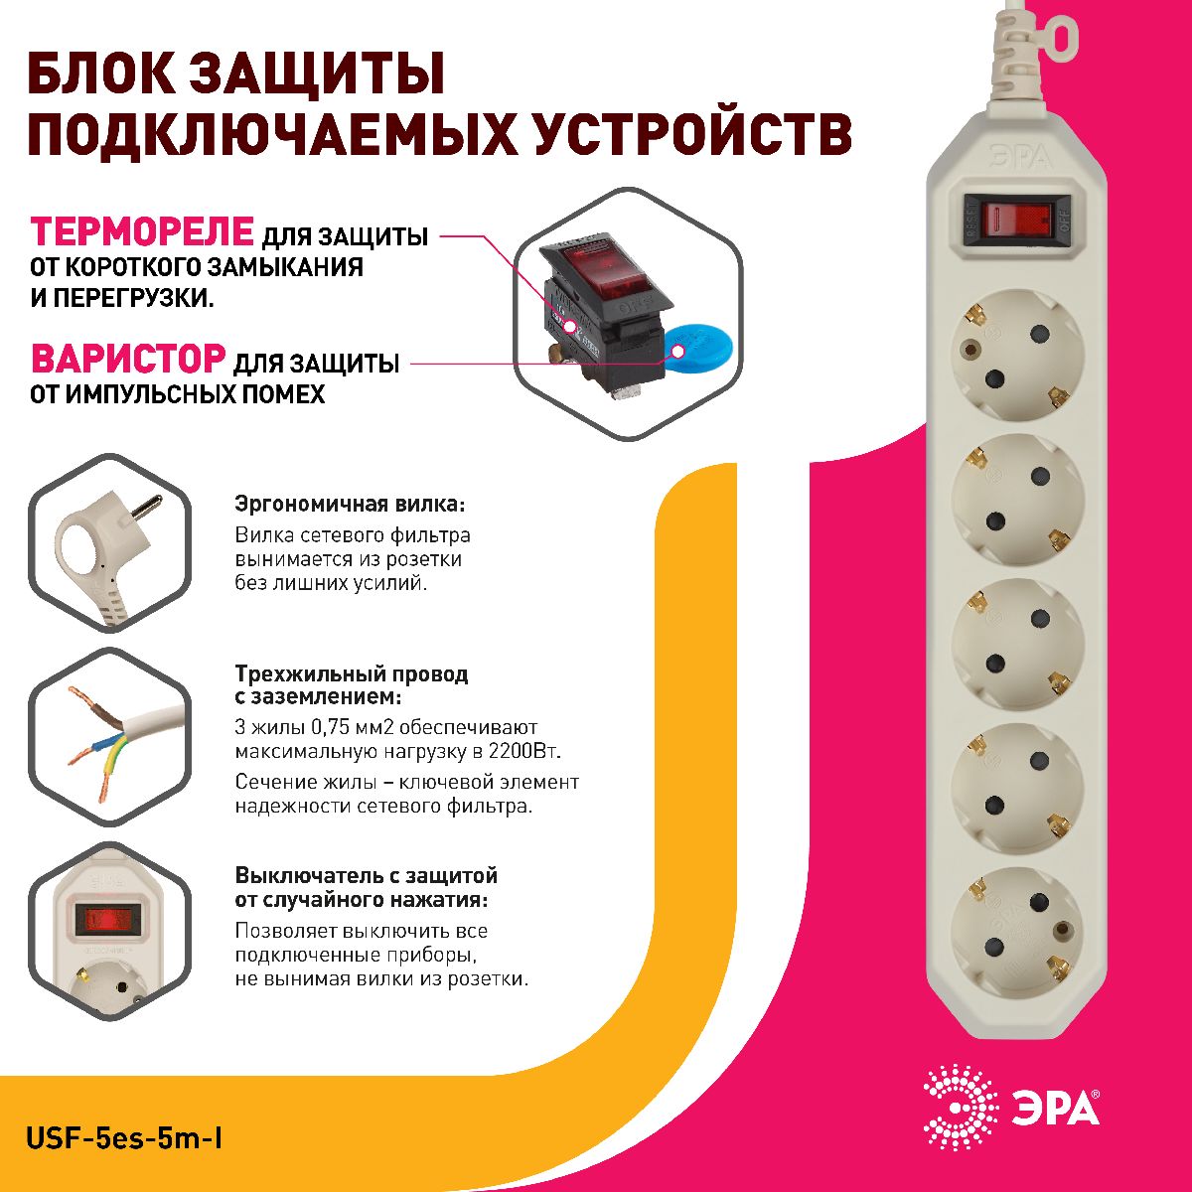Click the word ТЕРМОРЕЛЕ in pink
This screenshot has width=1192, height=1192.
[142, 231]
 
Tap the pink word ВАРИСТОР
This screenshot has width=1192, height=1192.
[128, 359]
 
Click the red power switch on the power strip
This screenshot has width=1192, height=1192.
[1016, 218]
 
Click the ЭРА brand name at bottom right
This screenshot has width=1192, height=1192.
[1055, 1108]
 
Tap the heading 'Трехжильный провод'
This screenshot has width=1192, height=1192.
[351, 673]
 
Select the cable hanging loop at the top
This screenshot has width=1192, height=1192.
[1060, 37]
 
